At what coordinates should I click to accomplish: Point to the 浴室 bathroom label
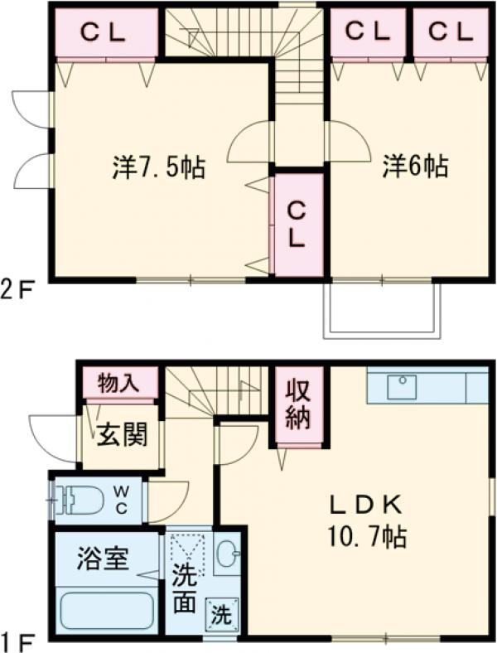104,559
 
